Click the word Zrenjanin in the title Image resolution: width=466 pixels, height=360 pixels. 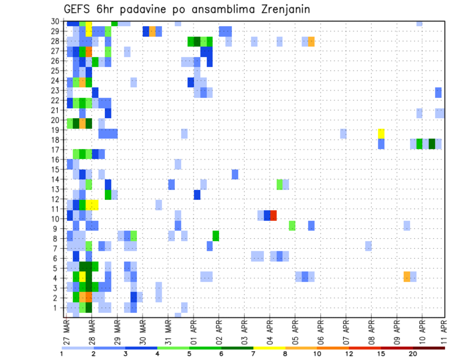283,9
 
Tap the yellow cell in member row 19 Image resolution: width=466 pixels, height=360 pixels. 381,133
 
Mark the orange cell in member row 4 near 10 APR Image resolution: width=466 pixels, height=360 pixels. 407,277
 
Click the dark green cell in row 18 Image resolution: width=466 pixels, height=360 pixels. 432,144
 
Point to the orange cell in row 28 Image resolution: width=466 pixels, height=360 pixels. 311,42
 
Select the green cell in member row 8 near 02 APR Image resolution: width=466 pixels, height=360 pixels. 216,236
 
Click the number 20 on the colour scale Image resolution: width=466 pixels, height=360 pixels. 413,354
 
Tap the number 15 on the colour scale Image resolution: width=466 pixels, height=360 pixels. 381,354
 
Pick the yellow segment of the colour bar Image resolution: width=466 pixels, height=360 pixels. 269,348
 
